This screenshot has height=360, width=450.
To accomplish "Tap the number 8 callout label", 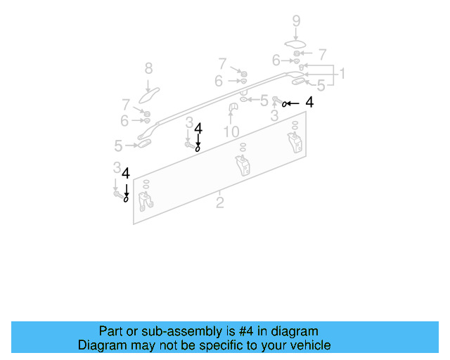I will [x=148, y=68].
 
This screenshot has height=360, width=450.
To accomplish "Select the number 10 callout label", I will [x=231, y=131].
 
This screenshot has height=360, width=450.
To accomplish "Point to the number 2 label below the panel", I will [x=220, y=203].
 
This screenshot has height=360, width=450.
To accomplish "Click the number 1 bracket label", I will [x=342, y=74].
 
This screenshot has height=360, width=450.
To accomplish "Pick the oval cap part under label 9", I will [x=296, y=46].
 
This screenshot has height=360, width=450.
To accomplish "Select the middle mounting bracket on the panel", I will [x=243, y=167].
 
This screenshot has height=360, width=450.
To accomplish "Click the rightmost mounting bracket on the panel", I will [x=295, y=140].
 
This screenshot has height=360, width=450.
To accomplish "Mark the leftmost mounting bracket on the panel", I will [x=146, y=202].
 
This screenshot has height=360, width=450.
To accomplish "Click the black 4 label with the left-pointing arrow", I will [x=309, y=103].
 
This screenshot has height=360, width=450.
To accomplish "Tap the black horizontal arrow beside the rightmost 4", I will [x=294, y=103].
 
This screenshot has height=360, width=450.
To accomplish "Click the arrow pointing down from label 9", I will [x=296, y=34].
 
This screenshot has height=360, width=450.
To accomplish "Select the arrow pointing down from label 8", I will [x=148, y=82].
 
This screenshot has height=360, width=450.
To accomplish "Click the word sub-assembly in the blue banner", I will [x=160, y=331].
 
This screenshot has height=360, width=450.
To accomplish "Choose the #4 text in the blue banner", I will [x=233, y=331].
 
